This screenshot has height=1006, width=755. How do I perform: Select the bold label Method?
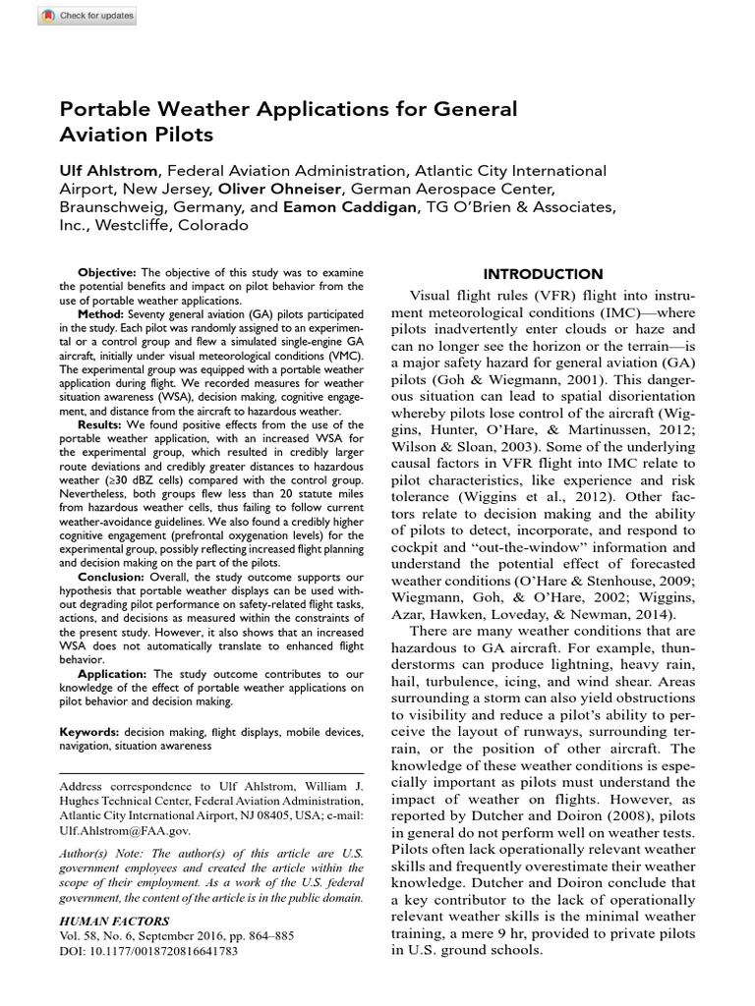point(100,312)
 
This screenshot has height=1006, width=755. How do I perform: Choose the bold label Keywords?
point(90,733)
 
